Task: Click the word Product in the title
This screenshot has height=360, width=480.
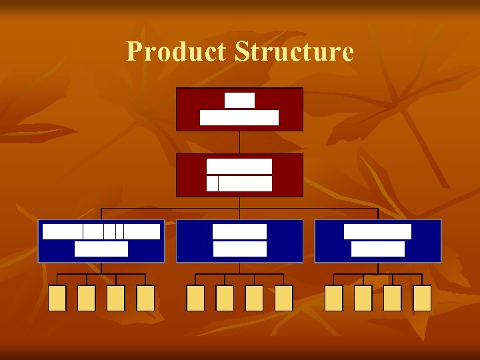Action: pyautogui.click(x=176, y=51)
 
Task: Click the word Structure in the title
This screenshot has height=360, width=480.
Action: pyautogui.click(x=294, y=51)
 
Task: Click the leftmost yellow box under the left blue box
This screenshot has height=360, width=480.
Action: pyautogui.click(x=57, y=298)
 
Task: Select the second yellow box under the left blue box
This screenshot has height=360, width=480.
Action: pyautogui.click(x=87, y=298)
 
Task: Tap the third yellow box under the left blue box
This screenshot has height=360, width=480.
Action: pyautogui.click(x=116, y=298)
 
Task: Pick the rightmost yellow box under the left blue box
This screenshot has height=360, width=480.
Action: pyautogui.click(x=145, y=298)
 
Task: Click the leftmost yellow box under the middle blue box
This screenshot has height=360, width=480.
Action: pyautogui.click(x=195, y=298)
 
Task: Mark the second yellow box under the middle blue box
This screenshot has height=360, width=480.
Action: pyautogui.click(x=225, y=298)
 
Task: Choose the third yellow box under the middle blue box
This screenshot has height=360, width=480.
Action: pyautogui.click(x=254, y=298)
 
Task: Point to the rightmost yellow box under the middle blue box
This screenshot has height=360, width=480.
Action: pyautogui.click(x=284, y=298)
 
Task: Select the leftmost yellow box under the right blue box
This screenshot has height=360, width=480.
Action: pyautogui.click(x=334, y=298)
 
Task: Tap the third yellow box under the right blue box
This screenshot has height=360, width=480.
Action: pyautogui.click(x=393, y=298)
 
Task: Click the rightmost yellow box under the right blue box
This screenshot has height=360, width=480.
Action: pyautogui.click(x=422, y=298)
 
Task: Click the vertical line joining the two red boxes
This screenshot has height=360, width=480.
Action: pyautogui.click(x=239, y=142)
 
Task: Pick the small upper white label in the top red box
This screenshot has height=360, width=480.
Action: pyautogui.click(x=239, y=100)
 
